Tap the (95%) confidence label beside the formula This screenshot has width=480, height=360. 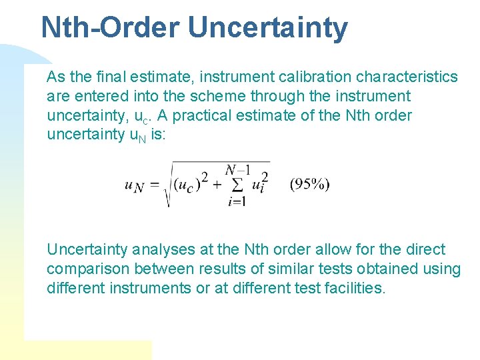[309, 185]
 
